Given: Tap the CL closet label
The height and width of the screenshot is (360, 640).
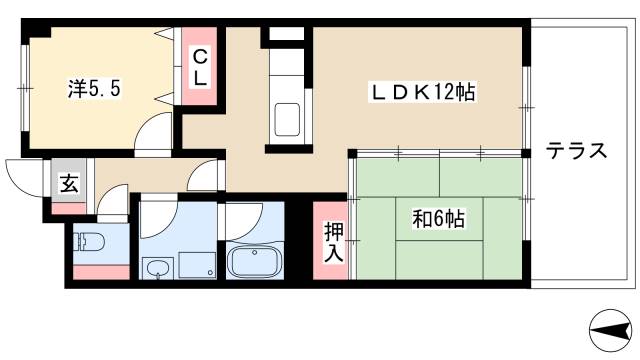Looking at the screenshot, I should click(200, 66).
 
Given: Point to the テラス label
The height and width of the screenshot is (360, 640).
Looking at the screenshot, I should click(576, 151).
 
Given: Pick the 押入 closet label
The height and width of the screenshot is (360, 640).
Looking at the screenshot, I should click(332, 241).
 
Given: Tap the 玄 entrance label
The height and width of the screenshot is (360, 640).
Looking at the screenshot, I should click(67, 183).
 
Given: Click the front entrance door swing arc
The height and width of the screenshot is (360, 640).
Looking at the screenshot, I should click(24, 176).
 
